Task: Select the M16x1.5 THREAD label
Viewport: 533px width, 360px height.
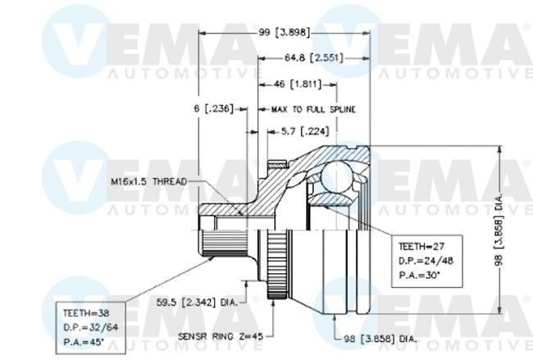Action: (x=148, y=181)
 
